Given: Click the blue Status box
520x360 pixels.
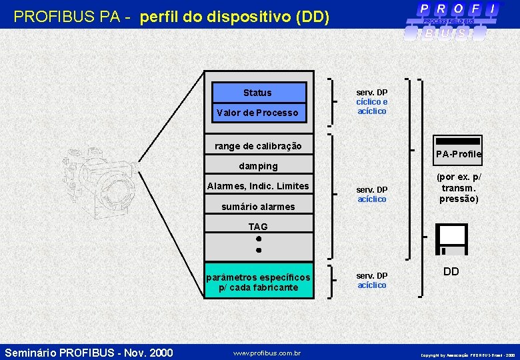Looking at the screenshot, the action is pyautogui.click(x=258, y=93).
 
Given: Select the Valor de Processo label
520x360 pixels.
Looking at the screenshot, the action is pyautogui.click(x=257, y=113).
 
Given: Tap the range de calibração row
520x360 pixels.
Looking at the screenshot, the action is pyautogui.click(x=258, y=146).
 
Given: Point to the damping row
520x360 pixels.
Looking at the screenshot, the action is pyautogui.click(x=258, y=166).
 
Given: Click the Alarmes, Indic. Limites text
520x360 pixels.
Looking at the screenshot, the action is pyautogui.click(x=258, y=186).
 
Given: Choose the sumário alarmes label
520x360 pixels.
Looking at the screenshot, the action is pyautogui.click(x=258, y=207).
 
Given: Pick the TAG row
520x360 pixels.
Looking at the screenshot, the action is pyautogui.click(x=258, y=227).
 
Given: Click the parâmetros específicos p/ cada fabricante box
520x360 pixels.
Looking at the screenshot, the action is pyautogui.click(x=258, y=282).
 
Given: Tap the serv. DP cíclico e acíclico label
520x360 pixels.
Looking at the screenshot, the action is pyautogui.click(x=372, y=102).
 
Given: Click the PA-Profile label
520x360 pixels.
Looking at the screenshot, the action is pyautogui.click(x=459, y=155).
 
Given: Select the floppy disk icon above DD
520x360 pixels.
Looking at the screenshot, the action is pyautogui.click(x=451, y=239).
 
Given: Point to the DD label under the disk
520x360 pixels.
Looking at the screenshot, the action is pyautogui.click(x=451, y=272).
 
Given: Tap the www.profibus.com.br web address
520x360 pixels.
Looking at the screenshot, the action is pyautogui.click(x=267, y=353).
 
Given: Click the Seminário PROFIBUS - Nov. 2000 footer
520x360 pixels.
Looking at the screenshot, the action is pyautogui.click(x=88, y=352).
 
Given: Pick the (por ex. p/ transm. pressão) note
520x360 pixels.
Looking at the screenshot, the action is pyautogui.click(x=459, y=188).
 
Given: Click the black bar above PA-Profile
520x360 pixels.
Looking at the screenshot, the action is pyautogui.click(x=457, y=141).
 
